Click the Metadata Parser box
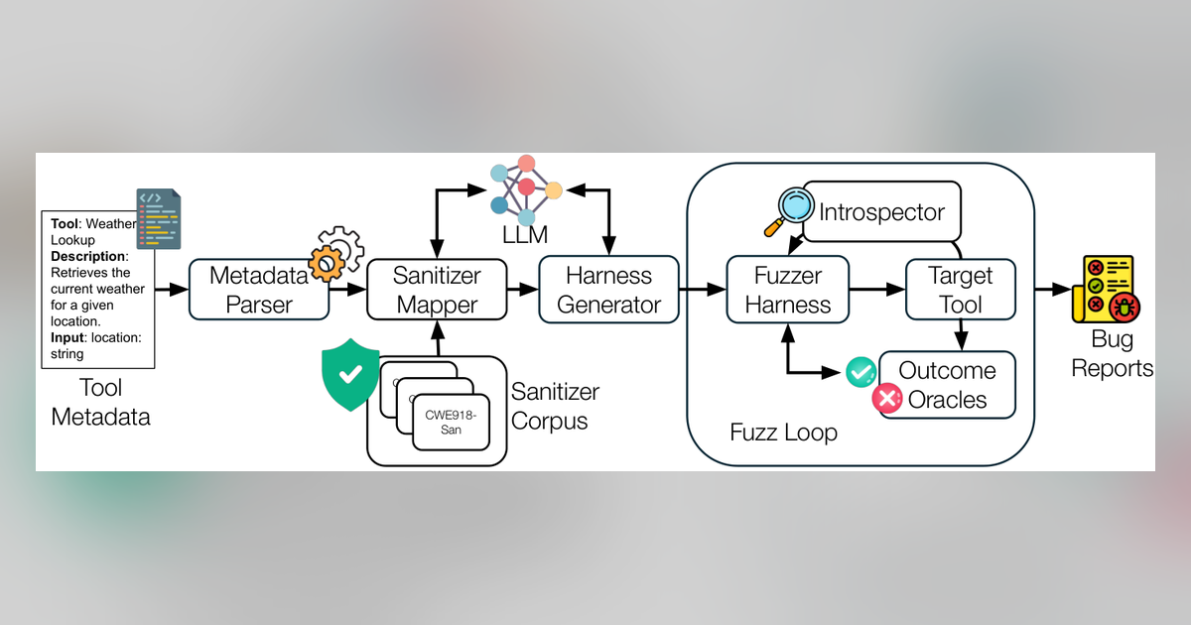pyautogui.click(x=259, y=290)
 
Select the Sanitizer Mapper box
pyautogui.click(x=437, y=290)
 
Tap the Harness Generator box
pyautogui.click(x=608, y=290)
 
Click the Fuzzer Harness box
pyautogui.click(x=787, y=290)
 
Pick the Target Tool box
pyautogui.click(x=961, y=290)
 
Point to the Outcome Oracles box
pyautogui.click(x=948, y=385)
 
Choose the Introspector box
pyautogui.click(x=881, y=211)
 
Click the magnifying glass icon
pyautogui.click(x=789, y=210)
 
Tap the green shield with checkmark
pyautogui.click(x=350, y=375)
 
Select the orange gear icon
pyautogui.click(x=326, y=264)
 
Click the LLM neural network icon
pyautogui.click(x=525, y=189)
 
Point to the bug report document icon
pyautogui.click(x=1106, y=289)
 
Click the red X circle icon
pyautogui.click(x=887, y=398)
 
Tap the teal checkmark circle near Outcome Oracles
pyautogui.click(x=861, y=372)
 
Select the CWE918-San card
pyautogui.click(x=451, y=423)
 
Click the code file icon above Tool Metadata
pyautogui.click(x=159, y=218)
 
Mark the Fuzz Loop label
pyautogui.click(x=783, y=433)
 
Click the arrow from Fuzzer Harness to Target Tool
pyautogui.click(x=877, y=289)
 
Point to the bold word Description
pyautogui.click(x=87, y=256)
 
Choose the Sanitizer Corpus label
pyautogui.click(x=555, y=407)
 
